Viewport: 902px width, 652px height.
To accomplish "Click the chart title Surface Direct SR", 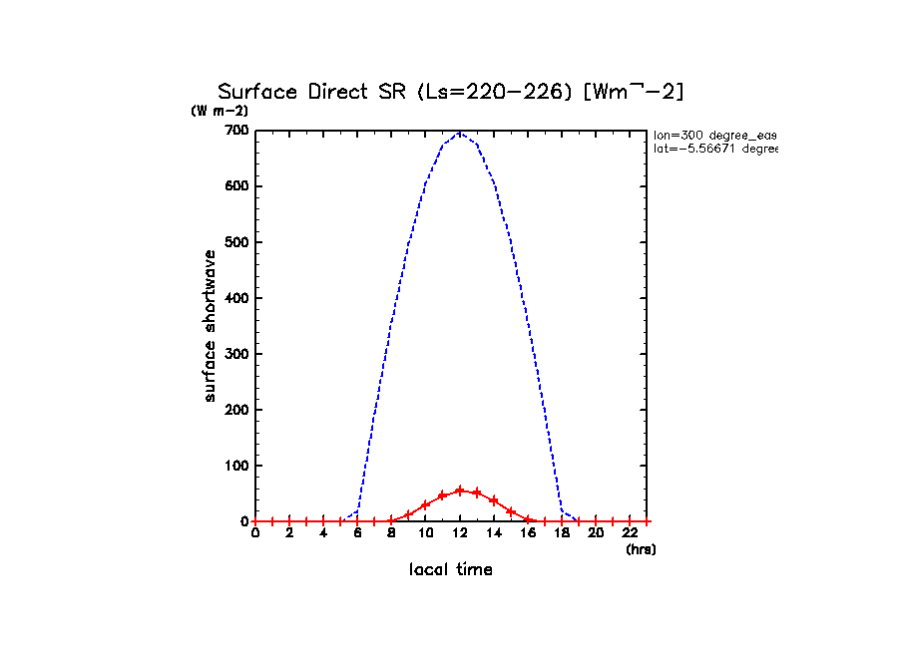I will point(451,92).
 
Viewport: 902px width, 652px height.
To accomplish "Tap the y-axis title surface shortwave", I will point(210,327).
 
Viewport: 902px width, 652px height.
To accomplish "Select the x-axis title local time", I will point(451,570).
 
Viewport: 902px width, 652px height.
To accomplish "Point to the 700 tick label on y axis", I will point(235,131).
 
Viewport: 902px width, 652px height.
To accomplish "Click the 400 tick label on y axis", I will point(235,298).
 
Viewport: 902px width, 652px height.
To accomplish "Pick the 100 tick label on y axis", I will point(235,466).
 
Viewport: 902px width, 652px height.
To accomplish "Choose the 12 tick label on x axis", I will point(460,533).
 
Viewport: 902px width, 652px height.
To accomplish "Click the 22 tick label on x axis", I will point(630,533).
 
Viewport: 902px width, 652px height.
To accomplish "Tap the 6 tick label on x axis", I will point(357,533).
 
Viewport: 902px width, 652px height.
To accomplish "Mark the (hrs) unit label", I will point(641,548).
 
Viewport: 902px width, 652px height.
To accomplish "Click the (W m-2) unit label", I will point(220,111).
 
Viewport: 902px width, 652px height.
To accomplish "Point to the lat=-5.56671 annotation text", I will point(714,149).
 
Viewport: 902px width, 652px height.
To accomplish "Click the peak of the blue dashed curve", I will point(460,132).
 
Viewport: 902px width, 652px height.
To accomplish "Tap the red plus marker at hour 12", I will point(460,490).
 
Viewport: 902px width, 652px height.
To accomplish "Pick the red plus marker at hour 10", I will point(426,504).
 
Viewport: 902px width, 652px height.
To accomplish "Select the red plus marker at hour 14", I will point(494,500).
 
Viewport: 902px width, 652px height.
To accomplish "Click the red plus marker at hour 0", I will point(255,521).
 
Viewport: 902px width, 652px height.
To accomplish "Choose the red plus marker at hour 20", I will point(596,521).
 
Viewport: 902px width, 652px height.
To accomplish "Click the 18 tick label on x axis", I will point(562,533).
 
